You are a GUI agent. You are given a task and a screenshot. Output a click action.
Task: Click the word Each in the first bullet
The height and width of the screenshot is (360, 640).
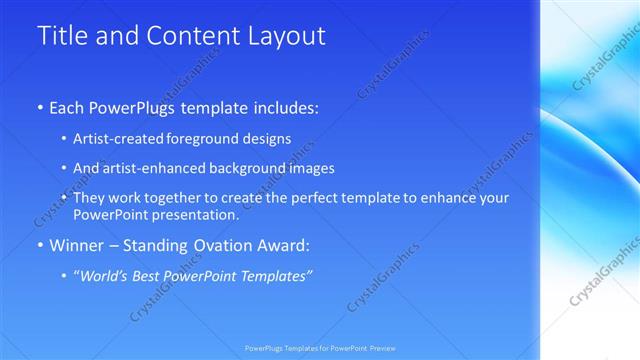(x=68, y=105)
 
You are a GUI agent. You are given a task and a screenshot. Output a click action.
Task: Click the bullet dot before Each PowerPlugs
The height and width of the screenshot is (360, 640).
(x=40, y=106)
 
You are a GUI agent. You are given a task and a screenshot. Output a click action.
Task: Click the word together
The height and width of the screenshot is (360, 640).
(x=169, y=198)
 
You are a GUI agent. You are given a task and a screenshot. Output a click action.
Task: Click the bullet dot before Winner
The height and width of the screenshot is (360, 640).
(x=40, y=245)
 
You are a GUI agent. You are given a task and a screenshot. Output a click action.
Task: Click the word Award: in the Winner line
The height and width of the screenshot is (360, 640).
(x=287, y=244)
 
